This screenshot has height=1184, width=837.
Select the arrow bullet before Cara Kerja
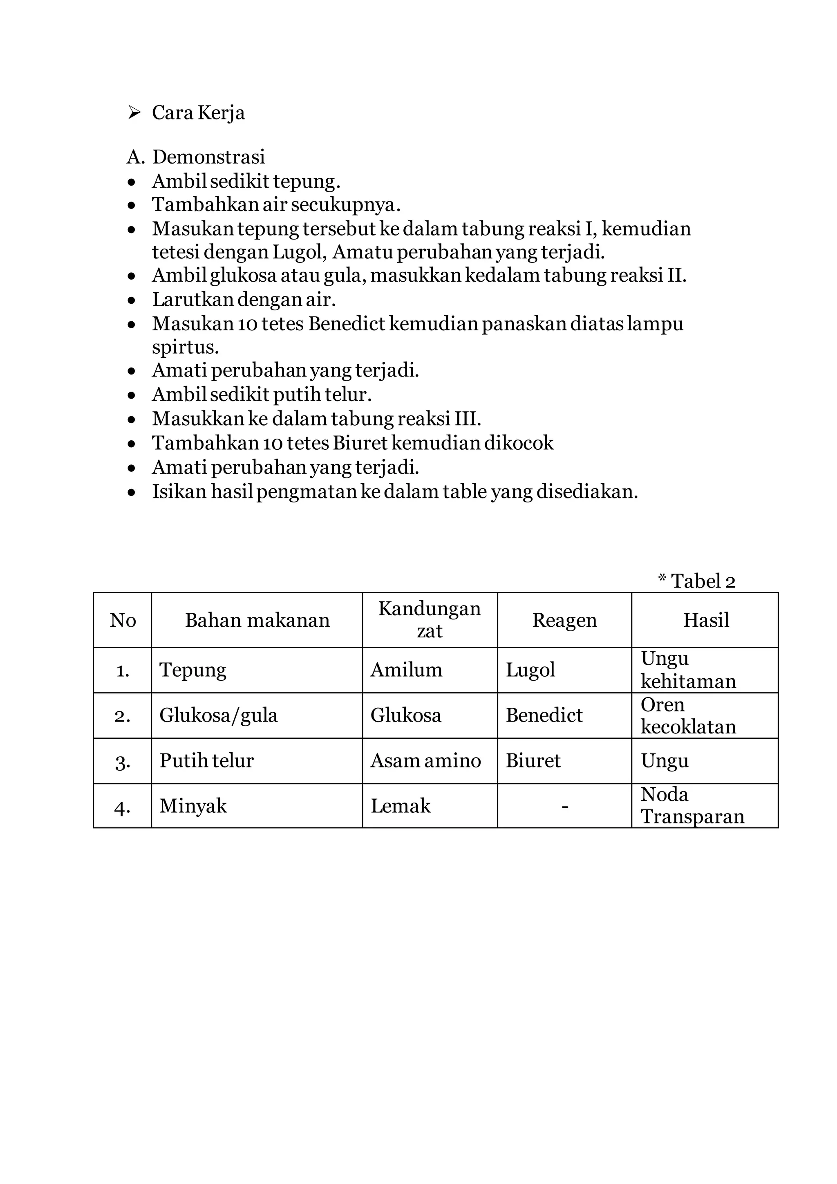click(x=134, y=112)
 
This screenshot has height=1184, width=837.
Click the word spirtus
click(x=185, y=348)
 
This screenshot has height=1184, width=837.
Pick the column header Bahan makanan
click(x=257, y=620)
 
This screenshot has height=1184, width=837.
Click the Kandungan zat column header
click(x=429, y=620)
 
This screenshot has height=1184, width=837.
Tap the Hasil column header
click(x=705, y=620)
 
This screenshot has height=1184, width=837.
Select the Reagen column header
click(x=564, y=620)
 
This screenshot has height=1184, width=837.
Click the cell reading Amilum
click(x=406, y=670)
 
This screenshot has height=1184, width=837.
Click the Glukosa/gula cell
click(x=219, y=715)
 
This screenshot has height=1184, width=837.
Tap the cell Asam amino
click(x=425, y=760)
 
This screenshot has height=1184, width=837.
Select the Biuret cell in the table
click(x=533, y=760)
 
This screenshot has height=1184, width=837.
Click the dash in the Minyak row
click(x=565, y=806)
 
